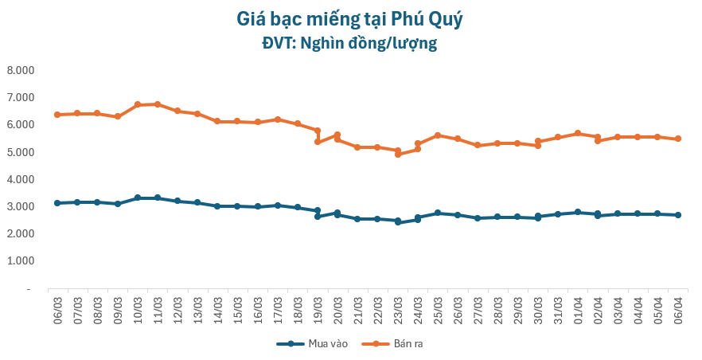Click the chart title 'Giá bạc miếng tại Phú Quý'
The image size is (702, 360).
pos(350,18)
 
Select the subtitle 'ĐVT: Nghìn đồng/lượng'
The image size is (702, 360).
pos(350,43)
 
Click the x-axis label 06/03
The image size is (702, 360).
pos(57,308)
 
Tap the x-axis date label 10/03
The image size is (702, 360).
pos(138,308)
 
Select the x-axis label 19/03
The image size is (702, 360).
pos(318,308)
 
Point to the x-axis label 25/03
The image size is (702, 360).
pos(438,308)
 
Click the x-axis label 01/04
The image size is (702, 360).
pos(578,308)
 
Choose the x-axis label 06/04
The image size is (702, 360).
pos(678,308)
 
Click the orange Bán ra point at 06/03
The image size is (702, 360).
pos(57,115)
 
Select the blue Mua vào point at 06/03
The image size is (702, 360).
pos(57,203)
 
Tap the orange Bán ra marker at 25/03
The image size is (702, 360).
pos(438,135)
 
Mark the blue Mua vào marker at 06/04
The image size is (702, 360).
pos(678,215)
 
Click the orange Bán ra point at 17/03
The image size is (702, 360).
pos(278,119)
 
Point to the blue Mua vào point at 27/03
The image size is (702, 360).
pos(478,217)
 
